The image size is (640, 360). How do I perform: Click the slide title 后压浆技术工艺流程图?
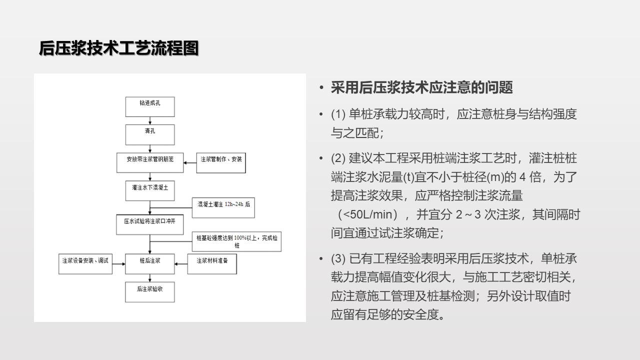click(119, 48)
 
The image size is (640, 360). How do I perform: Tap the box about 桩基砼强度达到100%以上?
click(237, 242)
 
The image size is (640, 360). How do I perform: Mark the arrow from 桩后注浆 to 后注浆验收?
click(150, 278)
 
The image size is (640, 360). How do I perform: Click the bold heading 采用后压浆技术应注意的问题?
click(421, 88)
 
